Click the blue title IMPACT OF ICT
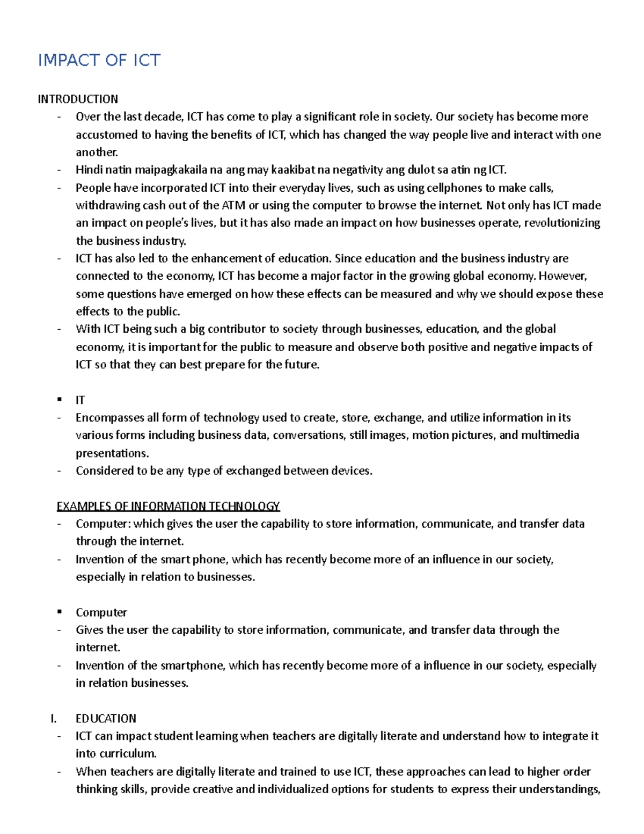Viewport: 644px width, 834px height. (x=99, y=60)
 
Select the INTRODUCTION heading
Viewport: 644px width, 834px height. (x=78, y=99)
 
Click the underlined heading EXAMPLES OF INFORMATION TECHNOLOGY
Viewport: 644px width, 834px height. (x=168, y=506)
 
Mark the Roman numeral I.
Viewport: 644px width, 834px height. (x=53, y=719)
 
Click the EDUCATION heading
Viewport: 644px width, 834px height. (x=106, y=719)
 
